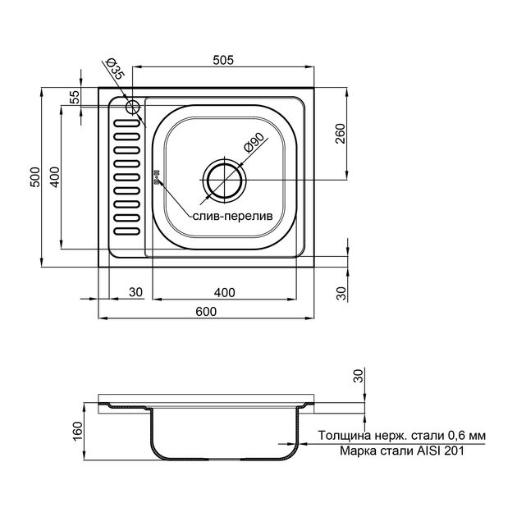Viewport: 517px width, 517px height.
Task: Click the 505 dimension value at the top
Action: pyautogui.click(x=223, y=60)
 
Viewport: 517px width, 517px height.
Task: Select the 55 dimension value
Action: pyautogui.click(x=75, y=97)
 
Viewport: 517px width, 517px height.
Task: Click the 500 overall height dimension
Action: pyautogui.click(x=35, y=177)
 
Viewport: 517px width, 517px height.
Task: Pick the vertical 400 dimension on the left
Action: pyautogui.click(x=55, y=177)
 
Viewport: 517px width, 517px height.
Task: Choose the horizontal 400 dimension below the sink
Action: pyautogui.click(x=225, y=292)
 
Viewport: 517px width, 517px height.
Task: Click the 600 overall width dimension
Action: pyautogui.click(x=206, y=311)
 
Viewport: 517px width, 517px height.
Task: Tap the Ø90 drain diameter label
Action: pyautogui.click(x=254, y=143)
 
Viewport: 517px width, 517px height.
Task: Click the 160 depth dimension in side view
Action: pyautogui.click(x=77, y=431)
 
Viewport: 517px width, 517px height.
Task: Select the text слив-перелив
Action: pyautogui.click(x=233, y=217)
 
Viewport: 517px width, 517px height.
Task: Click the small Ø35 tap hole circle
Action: pyautogui.click(x=133, y=107)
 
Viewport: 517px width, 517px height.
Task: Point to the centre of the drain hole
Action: pyautogui.click(x=225, y=180)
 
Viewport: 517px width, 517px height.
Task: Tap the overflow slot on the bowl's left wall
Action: pyautogui.click(x=157, y=176)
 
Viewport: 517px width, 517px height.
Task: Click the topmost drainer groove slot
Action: pyautogui.click(x=127, y=123)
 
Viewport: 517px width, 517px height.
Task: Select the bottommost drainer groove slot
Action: pyautogui.click(x=127, y=231)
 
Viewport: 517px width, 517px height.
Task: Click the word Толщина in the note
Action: pyautogui.click(x=345, y=436)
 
